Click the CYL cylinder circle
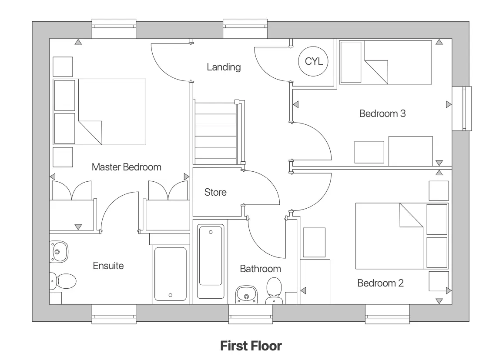pyautogui.click(x=314, y=61)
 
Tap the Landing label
pyautogui.click(x=224, y=67)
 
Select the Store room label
pyautogui.click(x=215, y=192)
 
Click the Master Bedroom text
pyautogui.click(x=126, y=167)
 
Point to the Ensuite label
pyautogui.click(x=108, y=266)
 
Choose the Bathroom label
pyautogui.click(x=260, y=269)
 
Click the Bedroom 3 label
pyautogui.click(x=382, y=113)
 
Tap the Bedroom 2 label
pyautogui.click(x=380, y=283)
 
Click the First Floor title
pyautogui.click(x=251, y=346)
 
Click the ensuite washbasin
pyautogui.click(x=58, y=251)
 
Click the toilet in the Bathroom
pyautogui.click(x=274, y=289)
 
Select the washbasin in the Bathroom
pyautogui.click(x=247, y=296)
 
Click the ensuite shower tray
pyautogui.click(x=171, y=274)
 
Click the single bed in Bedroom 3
pyautogui.click(x=385, y=62)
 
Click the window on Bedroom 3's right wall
pyautogui.click(x=462, y=109)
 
